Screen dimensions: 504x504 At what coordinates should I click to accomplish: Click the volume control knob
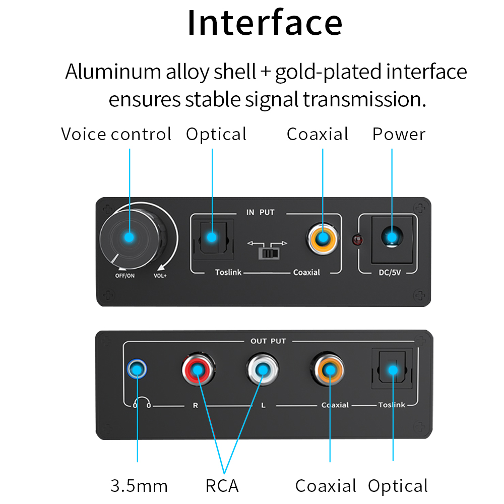(132, 237)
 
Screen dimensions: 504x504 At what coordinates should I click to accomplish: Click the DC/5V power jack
(392, 237)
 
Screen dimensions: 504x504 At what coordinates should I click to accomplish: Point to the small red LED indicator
(358, 240)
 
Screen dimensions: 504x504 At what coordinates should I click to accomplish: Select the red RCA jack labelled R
(198, 370)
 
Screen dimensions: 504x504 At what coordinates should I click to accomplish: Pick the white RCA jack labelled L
(263, 370)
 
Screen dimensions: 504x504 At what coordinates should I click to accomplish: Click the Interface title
(265, 23)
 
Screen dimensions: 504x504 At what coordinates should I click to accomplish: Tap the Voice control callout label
(116, 135)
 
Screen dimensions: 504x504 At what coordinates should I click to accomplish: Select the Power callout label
(399, 135)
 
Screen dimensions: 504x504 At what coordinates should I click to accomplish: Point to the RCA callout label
(222, 486)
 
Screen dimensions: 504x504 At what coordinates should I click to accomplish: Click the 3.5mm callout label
(139, 486)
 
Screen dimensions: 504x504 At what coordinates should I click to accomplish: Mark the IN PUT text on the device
(260, 212)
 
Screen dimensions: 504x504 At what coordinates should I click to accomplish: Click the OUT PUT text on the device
(268, 341)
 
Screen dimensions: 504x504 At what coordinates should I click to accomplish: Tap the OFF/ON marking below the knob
(125, 276)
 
